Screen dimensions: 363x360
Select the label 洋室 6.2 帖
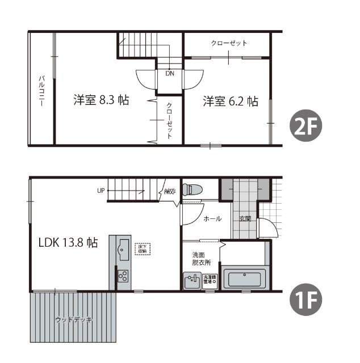[230, 102]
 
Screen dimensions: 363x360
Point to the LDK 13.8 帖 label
[68, 243]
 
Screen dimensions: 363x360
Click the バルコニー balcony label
[41, 89]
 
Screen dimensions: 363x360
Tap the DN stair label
[170, 73]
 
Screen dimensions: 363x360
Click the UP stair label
[101, 191]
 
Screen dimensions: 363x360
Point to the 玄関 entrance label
[245, 219]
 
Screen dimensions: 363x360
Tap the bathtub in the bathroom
[245, 280]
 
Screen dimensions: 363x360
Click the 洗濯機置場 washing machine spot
[211, 280]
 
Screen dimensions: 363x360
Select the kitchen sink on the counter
[123, 250]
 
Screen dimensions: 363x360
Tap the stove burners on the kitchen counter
[123, 276]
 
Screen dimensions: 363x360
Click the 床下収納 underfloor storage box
[143, 248]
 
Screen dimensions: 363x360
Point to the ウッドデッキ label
[74, 320]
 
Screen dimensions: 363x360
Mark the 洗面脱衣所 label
[201, 259]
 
